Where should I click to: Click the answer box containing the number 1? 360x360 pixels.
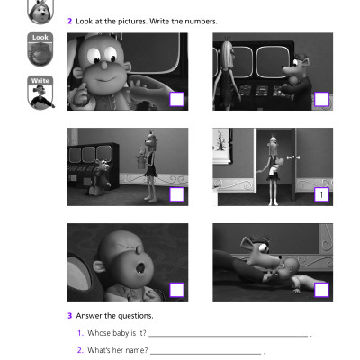[321, 193]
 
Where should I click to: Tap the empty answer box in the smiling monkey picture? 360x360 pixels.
[177, 99]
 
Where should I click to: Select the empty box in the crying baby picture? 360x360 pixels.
[177, 288]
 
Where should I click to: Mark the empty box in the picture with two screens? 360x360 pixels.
[321, 99]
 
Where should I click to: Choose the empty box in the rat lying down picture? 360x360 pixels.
[321, 288]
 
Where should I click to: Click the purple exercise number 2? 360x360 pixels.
[70, 19]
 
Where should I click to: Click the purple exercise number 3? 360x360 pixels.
[70, 316]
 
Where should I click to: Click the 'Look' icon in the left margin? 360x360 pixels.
[41, 49]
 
